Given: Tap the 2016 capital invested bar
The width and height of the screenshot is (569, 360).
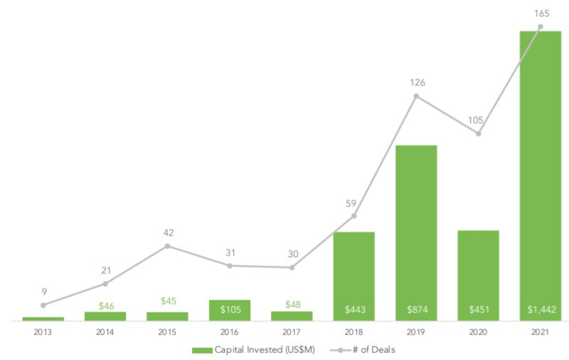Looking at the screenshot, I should tap(230, 310).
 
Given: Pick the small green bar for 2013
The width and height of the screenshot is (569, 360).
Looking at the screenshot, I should tap(43, 319).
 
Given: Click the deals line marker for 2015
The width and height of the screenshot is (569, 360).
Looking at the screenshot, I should tap(168, 246).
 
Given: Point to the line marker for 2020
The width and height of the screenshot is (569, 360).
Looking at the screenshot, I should tap(479, 133).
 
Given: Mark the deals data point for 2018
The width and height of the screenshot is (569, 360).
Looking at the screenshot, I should tap(354, 216).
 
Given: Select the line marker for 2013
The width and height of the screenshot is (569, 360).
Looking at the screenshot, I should tap(43, 305).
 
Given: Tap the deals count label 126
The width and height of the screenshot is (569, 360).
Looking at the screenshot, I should tap(417, 83).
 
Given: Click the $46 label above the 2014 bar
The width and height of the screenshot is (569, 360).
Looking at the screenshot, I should tap(105, 305).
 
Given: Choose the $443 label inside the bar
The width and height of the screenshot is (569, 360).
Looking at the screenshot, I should tap(354, 309).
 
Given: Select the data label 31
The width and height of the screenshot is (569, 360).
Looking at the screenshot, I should tap(230, 253).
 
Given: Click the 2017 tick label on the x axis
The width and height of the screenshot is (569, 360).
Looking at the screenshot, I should tap(292, 332).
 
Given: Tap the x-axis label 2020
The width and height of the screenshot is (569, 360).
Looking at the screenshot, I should tap(478, 332).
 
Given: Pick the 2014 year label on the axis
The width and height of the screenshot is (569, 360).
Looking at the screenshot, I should tap(105, 332).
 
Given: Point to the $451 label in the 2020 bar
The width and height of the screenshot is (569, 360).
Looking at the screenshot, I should tap(479, 309).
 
